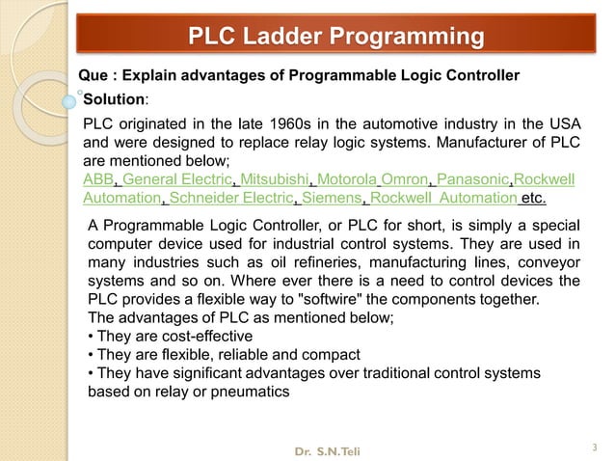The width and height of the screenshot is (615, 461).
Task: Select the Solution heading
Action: tap(114, 99)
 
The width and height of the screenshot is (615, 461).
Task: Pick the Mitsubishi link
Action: tap(274, 180)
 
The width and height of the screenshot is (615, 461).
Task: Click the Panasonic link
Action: tap(473, 180)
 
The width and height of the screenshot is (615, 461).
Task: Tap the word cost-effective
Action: tap(201, 337)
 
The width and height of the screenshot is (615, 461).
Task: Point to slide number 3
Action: tap(595, 446)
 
